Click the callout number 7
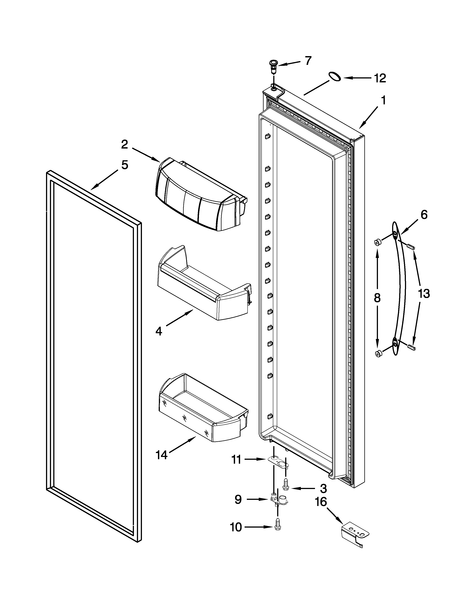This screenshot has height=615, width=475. click(308, 61)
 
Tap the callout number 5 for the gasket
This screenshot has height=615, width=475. click(125, 165)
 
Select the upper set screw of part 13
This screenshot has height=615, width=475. click(411, 247)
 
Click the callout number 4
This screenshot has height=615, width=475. click(159, 331)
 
